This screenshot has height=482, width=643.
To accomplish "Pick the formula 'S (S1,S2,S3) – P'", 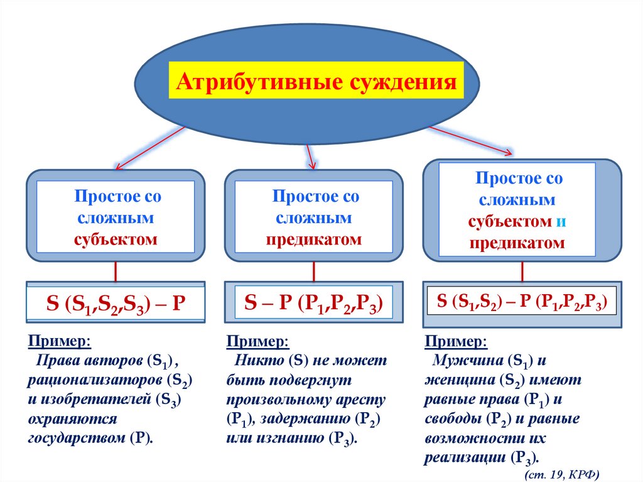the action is coord(117,302).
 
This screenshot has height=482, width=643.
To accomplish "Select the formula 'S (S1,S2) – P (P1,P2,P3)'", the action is coord(521,301).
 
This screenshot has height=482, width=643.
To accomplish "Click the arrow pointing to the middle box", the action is coord(309,155).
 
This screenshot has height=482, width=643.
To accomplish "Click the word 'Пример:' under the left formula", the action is coord(59,342).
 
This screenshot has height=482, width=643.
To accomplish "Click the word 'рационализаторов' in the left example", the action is coord(90,381).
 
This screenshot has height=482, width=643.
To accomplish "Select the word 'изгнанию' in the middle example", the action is coord(287,438).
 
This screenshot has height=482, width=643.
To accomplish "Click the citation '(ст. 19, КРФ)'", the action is coord(562,473).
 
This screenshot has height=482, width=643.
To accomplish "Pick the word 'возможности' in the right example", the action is coord(464,438).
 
